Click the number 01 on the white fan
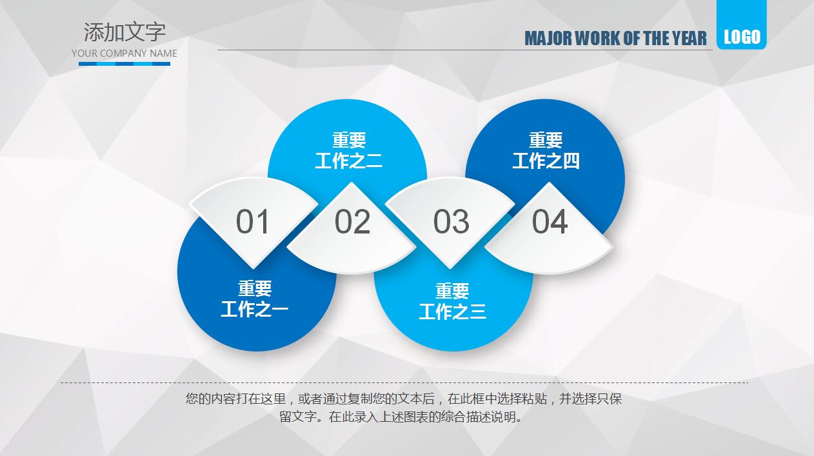[x=252, y=222]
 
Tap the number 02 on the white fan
[x=352, y=222]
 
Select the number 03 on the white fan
[x=451, y=222]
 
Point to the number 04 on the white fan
[x=550, y=222]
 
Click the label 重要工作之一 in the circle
[x=255, y=299]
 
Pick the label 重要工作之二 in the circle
[x=348, y=150]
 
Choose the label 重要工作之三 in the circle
[x=452, y=301]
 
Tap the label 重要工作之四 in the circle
[x=546, y=150]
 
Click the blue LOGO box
[x=742, y=37]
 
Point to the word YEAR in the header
[x=690, y=39]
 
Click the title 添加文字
[x=124, y=32]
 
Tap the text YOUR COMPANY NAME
[x=124, y=54]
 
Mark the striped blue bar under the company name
[x=124, y=64]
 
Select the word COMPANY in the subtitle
[x=123, y=54]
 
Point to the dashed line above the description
[x=404, y=382]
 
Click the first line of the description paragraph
[x=404, y=399]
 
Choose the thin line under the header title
[x=464, y=50]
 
